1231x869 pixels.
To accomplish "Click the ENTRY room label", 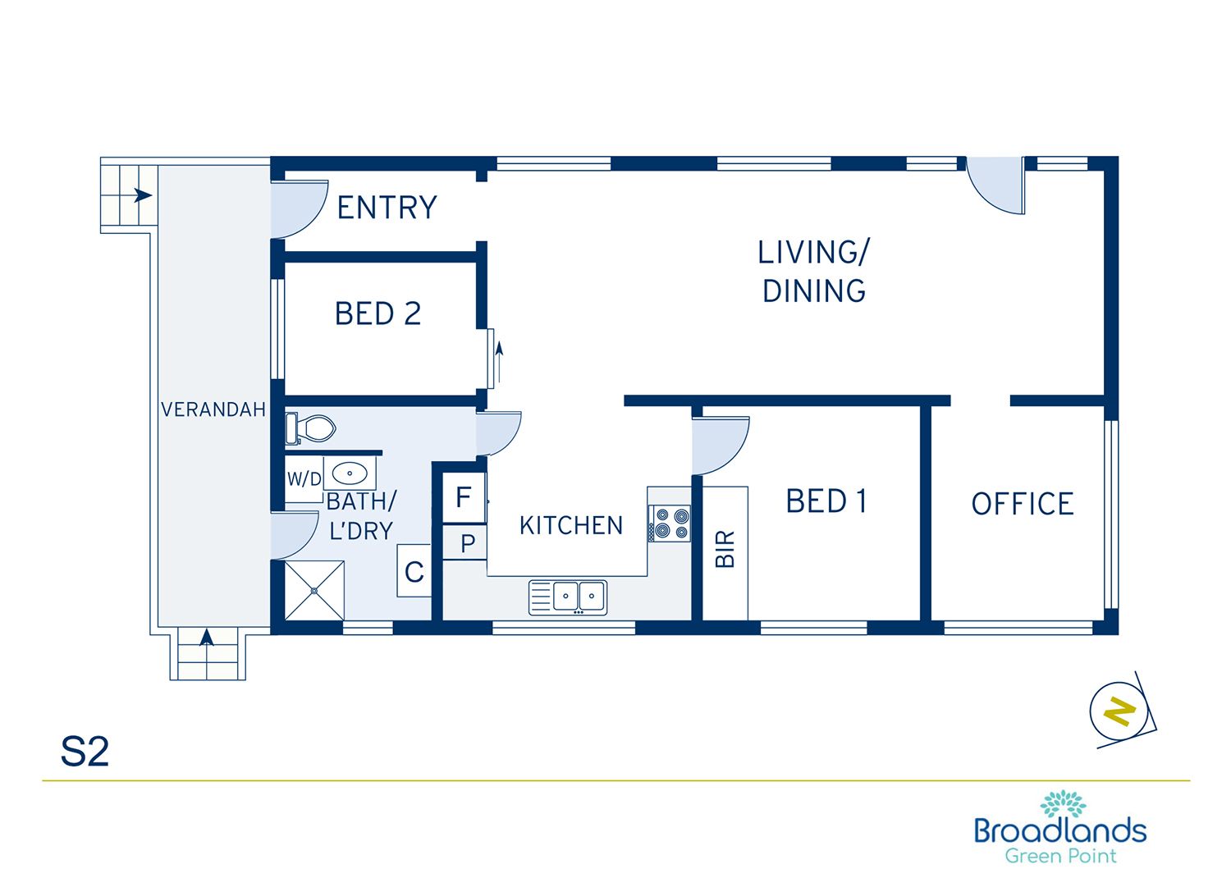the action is tap(387, 208).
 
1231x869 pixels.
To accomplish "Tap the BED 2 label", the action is tap(378, 313).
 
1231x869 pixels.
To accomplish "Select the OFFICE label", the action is tap(1023, 504).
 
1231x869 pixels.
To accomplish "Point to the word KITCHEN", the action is tap(571, 525).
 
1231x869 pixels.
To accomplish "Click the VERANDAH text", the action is tap(213, 409).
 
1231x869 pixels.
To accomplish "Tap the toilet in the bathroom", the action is tap(310, 428).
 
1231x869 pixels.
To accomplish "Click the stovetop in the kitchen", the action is tap(670, 524).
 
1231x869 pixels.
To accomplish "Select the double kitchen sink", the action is tap(568, 597).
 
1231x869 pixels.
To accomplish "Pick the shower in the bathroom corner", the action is tap(314, 591).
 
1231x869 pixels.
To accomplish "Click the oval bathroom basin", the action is tap(350, 473).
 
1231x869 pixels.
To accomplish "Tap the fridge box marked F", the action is tap(464, 498).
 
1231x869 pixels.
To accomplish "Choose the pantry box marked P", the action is tap(465, 543).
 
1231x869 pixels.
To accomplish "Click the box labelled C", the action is tap(414, 571).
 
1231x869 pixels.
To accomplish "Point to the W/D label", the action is tap(304, 479).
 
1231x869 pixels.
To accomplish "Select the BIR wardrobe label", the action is tap(725, 549).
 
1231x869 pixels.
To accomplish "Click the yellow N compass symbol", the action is tap(1119, 711).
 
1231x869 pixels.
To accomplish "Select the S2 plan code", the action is tap(85, 752).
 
